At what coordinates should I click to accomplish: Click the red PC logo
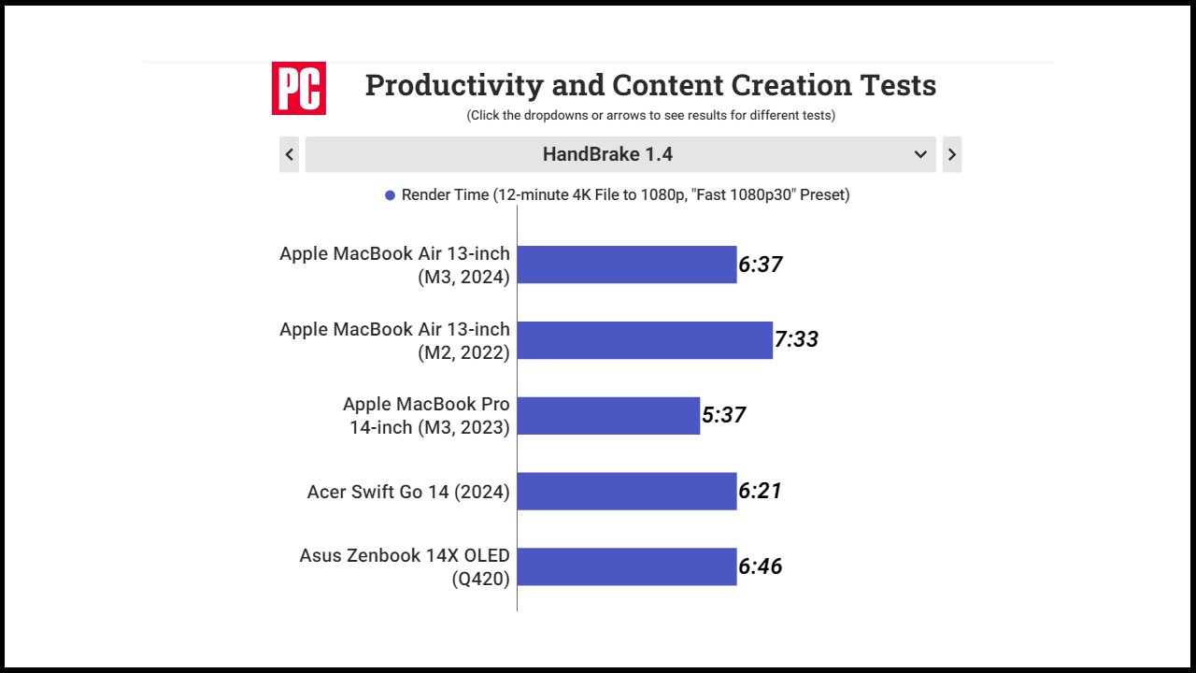(x=299, y=88)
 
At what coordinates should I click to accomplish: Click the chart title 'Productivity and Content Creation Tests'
(x=650, y=85)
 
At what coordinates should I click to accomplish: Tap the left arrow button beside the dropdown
(x=290, y=154)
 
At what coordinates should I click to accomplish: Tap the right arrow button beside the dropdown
(x=951, y=154)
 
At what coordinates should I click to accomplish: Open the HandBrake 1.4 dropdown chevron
(x=920, y=154)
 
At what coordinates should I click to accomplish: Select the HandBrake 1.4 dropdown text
(x=607, y=154)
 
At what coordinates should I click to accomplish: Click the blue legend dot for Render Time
(x=390, y=195)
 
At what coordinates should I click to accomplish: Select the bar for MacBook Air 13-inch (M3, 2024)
(x=626, y=265)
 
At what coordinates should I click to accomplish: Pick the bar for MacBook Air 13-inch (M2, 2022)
(x=645, y=340)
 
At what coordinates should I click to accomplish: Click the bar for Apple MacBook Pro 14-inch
(x=608, y=416)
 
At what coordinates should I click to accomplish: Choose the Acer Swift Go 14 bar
(x=626, y=491)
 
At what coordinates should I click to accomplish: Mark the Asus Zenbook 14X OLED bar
(x=626, y=566)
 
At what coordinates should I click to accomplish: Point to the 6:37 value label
(x=761, y=265)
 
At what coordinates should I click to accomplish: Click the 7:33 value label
(x=796, y=339)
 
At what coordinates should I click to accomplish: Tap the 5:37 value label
(x=723, y=415)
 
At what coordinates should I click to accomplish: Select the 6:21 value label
(x=760, y=491)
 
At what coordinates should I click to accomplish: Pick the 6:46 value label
(x=761, y=566)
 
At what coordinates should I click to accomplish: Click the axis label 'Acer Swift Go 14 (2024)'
(x=408, y=492)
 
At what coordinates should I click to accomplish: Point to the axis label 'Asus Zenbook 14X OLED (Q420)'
(x=405, y=566)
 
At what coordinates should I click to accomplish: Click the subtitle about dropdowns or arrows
(x=650, y=116)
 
